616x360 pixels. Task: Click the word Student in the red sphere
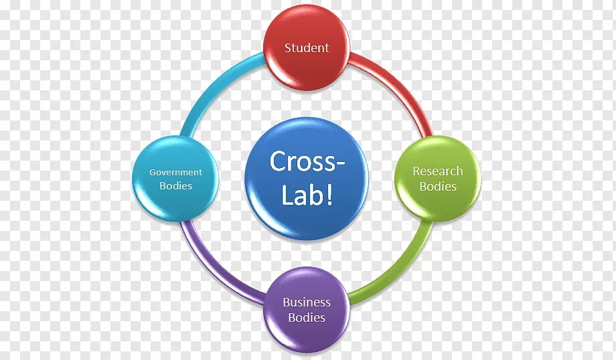point(307,48)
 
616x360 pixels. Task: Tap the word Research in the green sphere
point(437,171)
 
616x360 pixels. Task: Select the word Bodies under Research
point(438,187)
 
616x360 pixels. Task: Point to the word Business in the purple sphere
point(307,302)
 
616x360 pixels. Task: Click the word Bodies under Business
point(307,318)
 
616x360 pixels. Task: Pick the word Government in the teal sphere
point(175,172)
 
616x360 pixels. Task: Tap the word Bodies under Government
point(175,186)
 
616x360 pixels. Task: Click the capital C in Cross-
point(277,162)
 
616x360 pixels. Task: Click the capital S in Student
point(288,48)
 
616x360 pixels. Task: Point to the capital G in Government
point(153,172)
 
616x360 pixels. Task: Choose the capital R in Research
point(416,171)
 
